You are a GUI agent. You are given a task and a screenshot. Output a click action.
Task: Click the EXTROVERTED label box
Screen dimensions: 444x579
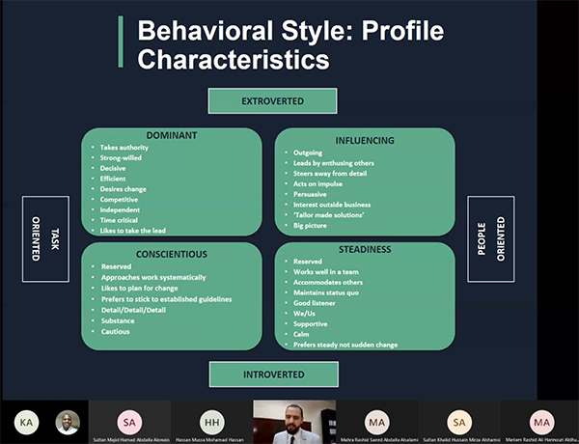coord(272,100)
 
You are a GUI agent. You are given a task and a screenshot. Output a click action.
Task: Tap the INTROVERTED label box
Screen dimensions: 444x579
coord(272,374)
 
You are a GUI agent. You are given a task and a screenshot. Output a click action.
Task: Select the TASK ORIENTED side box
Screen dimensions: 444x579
coord(45,238)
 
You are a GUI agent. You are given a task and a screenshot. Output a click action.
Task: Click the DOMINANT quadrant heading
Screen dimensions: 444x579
coord(172,135)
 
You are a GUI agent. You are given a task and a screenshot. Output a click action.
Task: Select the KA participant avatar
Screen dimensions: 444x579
coord(27,421)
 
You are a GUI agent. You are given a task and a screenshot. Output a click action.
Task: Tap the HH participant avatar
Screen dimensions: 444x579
coord(210,421)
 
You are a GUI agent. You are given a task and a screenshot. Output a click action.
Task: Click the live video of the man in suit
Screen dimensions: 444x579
coord(294,422)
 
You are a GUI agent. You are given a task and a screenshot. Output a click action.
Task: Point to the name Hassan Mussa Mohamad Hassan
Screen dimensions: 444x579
coord(210,438)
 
